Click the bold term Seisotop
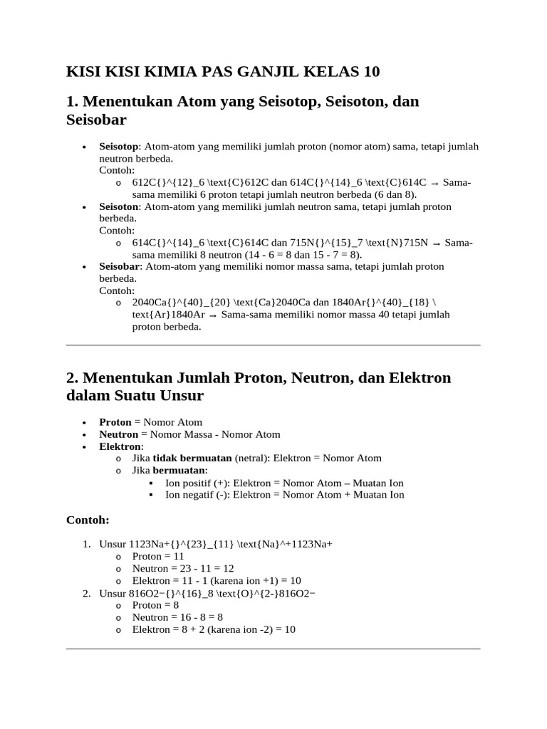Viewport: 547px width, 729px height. pos(119,147)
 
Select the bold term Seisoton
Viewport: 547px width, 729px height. pos(119,206)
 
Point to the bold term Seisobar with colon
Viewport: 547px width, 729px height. pos(120,266)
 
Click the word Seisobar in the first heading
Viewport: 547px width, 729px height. pos(96,120)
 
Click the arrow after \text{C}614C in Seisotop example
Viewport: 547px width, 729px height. pos(434,183)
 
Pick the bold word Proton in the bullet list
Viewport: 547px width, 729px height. pos(115,422)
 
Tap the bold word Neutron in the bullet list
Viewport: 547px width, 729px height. pos(118,434)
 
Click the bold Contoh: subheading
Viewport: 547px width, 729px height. pos(88,520)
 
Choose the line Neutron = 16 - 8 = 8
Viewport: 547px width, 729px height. pos(177,617)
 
